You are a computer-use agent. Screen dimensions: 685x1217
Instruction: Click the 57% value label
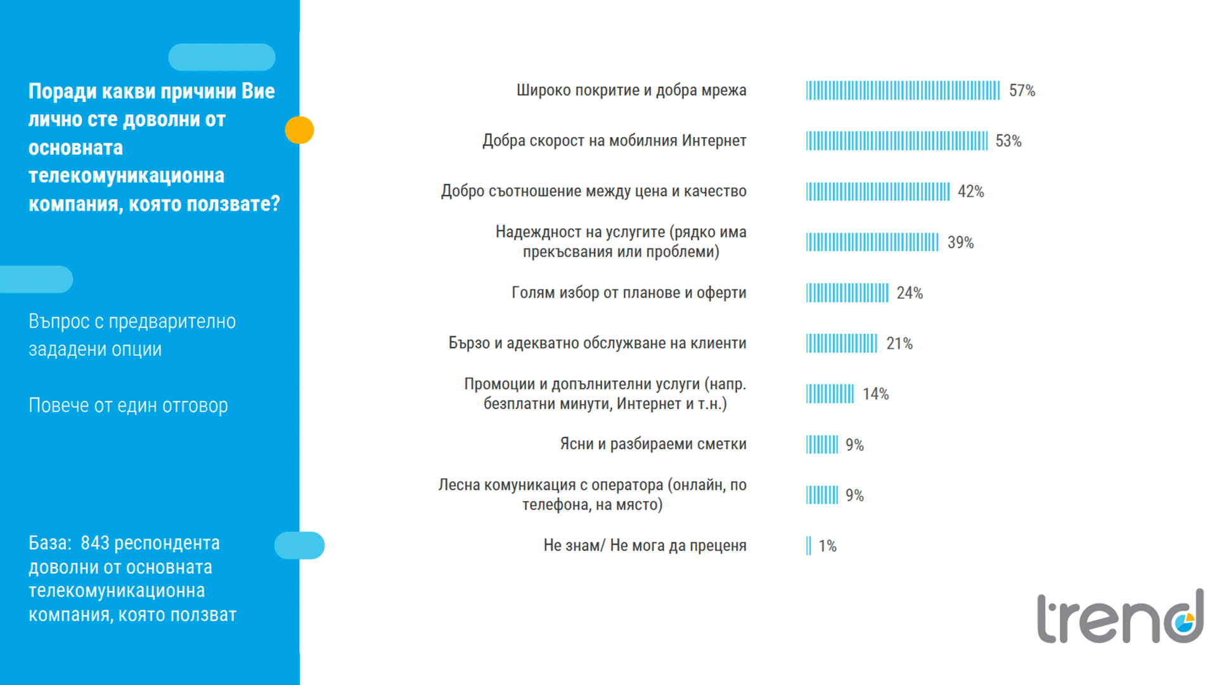click(x=1022, y=91)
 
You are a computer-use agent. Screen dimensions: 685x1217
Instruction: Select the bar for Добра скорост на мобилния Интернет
click(x=896, y=141)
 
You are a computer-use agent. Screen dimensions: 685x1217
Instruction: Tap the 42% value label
click(x=970, y=192)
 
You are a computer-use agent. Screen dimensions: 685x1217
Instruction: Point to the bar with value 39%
click(x=872, y=242)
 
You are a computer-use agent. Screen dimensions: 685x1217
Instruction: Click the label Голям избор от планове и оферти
click(x=629, y=293)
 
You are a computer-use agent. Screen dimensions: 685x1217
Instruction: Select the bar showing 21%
click(x=841, y=344)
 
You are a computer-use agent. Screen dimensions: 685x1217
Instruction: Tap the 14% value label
click(x=875, y=395)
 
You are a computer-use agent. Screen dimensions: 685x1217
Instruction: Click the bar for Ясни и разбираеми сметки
click(x=821, y=445)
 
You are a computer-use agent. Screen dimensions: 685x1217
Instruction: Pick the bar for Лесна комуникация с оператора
click(x=821, y=495)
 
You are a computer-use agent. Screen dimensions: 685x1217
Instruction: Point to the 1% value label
click(x=827, y=546)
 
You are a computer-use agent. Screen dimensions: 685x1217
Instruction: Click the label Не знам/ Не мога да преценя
click(x=645, y=545)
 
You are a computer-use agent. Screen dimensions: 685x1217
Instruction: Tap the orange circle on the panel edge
click(x=299, y=130)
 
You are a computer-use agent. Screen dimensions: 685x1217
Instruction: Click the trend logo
click(x=1120, y=616)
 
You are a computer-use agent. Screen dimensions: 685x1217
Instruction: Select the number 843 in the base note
click(x=95, y=543)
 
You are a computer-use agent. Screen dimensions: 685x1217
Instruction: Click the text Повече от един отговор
click(x=128, y=405)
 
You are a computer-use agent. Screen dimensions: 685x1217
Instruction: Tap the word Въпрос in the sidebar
click(x=59, y=322)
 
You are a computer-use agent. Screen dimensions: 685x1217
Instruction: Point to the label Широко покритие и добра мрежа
click(x=631, y=90)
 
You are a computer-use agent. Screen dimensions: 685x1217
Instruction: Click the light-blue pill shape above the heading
click(x=222, y=57)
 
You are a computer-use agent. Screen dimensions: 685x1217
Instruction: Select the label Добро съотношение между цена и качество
click(x=593, y=191)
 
